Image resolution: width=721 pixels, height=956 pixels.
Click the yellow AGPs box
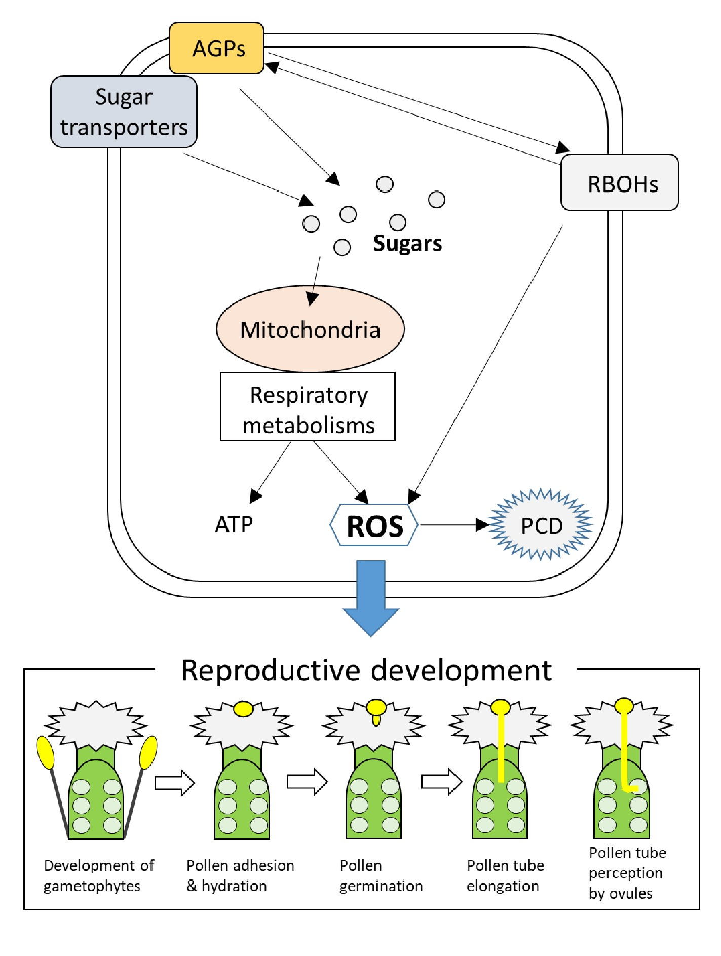(x=216, y=48)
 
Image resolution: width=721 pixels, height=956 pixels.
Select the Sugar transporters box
(x=124, y=112)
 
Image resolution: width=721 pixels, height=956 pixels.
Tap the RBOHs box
(x=619, y=183)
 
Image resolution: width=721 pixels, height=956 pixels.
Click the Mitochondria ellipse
(x=310, y=329)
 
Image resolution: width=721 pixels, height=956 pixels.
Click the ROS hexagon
(x=374, y=525)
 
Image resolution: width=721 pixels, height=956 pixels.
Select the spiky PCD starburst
(x=541, y=525)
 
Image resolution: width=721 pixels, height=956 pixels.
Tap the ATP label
(x=234, y=525)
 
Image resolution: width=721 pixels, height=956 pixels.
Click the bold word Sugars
(x=407, y=244)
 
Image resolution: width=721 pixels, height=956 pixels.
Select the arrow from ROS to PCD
(x=453, y=525)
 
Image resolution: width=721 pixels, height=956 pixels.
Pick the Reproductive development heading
(x=366, y=670)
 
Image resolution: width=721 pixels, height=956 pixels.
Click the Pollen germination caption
(x=381, y=875)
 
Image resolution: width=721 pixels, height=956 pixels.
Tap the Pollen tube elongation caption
(x=505, y=875)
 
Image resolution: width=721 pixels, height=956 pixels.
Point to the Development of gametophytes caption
(x=98, y=875)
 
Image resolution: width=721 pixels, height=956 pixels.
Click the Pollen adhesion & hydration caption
(x=240, y=875)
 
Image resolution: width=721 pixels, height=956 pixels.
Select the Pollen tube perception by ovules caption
(x=627, y=873)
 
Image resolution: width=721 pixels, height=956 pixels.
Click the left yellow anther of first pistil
(x=46, y=752)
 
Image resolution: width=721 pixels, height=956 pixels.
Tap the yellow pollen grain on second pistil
(x=243, y=709)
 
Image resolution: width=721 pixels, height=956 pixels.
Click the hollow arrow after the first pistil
(x=174, y=783)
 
